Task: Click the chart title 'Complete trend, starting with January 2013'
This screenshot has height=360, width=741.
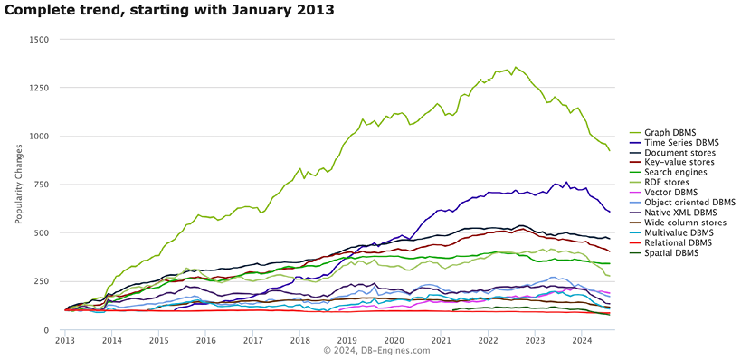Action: pyautogui.click(x=168, y=11)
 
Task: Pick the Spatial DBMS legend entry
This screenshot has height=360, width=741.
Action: pyautogui.click(x=670, y=252)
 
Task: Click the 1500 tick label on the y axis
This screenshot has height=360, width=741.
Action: pyautogui.click(x=40, y=40)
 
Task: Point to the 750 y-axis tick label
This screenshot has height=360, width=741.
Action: pyautogui.click(x=43, y=185)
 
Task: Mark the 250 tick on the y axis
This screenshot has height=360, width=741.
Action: pyautogui.click(x=43, y=281)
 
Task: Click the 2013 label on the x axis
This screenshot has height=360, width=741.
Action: pyautogui.click(x=65, y=341)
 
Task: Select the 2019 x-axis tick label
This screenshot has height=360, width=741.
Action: pyautogui.click(x=347, y=341)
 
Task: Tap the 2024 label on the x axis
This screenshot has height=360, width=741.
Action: pyautogui.click(x=582, y=341)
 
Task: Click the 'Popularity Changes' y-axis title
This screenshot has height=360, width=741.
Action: pyautogui.click(x=18, y=185)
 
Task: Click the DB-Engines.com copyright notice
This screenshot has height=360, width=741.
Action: pyautogui.click(x=370, y=351)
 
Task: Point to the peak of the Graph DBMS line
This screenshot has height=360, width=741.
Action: pyautogui.click(x=515, y=67)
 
